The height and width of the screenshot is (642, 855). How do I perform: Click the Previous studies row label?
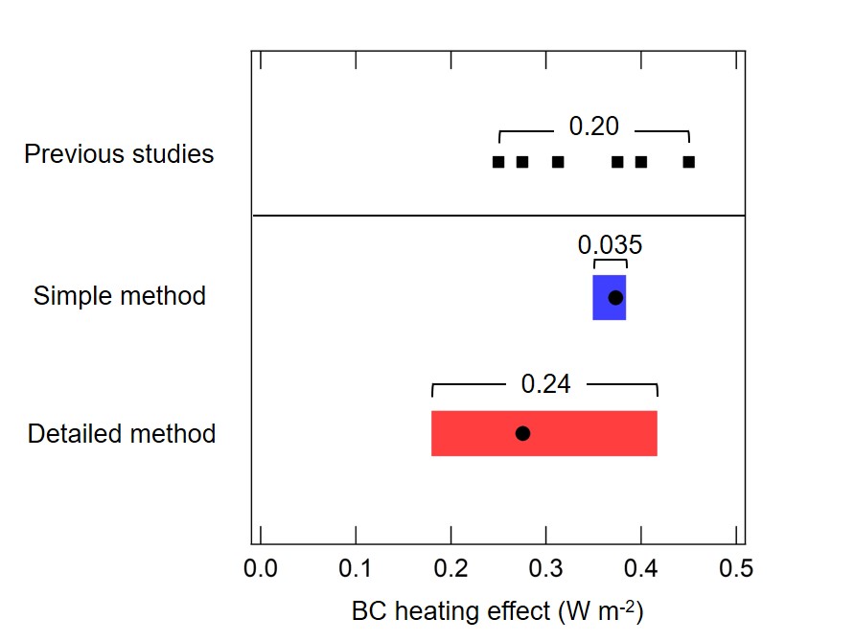[119, 154]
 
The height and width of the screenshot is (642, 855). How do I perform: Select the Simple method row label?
[119, 296]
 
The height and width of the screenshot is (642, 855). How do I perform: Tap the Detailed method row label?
[121, 434]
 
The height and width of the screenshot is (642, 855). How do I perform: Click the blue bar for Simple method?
[601, 297]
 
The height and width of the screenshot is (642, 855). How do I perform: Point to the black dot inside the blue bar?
[615, 297]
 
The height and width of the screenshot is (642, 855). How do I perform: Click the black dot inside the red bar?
[522, 433]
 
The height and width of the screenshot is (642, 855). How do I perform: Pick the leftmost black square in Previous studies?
[498, 162]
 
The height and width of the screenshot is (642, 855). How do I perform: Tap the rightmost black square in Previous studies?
[688, 162]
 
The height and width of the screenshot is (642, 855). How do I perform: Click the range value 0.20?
[594, 126]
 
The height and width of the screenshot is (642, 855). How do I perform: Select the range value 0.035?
[610, 245]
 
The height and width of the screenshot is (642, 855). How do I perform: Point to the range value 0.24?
[545, 384]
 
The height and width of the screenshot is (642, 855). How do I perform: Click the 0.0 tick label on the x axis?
[260, 568]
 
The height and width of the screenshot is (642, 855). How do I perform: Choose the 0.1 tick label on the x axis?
[356, 568]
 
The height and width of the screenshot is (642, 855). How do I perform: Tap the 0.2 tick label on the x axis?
[451, 568]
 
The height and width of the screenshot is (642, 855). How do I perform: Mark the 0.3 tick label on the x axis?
[545, 568]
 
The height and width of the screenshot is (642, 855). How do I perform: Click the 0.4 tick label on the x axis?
[641, 568]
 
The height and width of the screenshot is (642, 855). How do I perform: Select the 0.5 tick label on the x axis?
[735, 568]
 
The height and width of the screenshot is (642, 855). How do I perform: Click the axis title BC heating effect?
[496, 611]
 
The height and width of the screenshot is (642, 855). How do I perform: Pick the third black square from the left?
[558, 162]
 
